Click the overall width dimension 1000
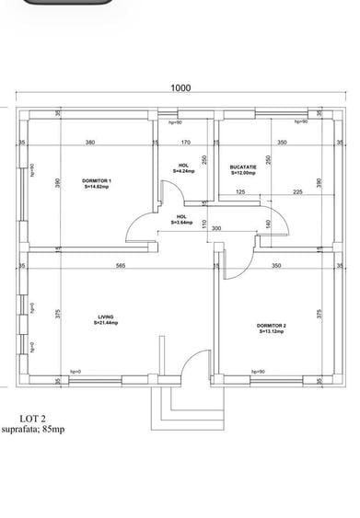[180, 89]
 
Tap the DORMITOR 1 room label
[97, 180]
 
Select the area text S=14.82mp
[97, 187]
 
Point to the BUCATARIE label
[244, 167]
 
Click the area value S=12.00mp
[244, 173]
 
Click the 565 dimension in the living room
[121, 266]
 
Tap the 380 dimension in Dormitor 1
[90, 143]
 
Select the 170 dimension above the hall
[185, 143]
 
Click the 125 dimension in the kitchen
[240, 191]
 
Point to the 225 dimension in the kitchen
[297, 191]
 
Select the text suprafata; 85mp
[33, 430]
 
